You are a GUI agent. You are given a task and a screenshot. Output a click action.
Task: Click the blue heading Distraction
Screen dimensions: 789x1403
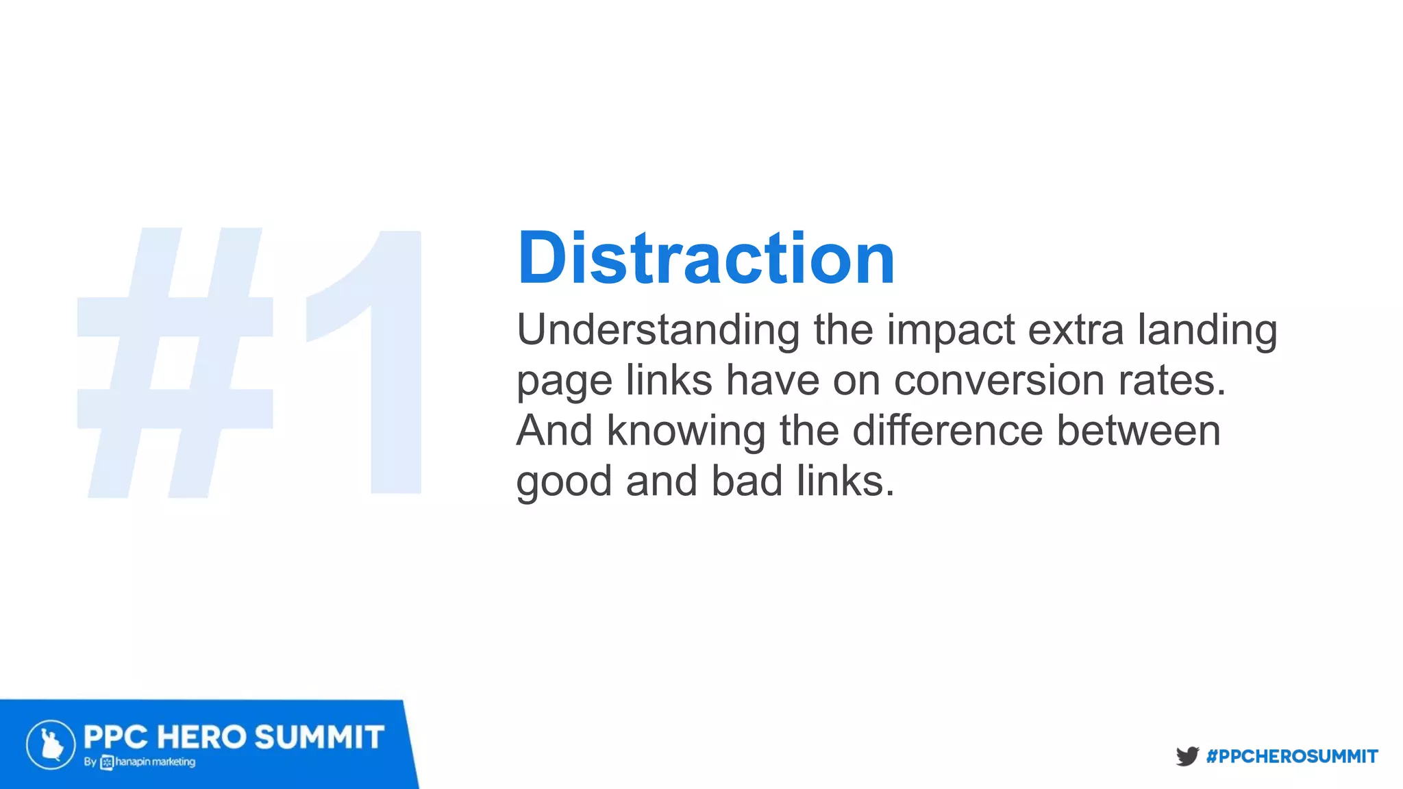[706, 259]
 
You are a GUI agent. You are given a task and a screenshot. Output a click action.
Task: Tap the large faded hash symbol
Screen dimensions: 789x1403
[175, 363]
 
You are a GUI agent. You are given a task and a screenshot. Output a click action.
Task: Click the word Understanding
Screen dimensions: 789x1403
[658, 330]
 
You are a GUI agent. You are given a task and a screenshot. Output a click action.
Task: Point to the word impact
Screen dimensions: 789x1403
[951, 330]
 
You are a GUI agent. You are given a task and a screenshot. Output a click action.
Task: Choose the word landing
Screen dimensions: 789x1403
[1207, 330]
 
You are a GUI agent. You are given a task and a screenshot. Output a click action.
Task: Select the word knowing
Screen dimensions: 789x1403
[685, 431]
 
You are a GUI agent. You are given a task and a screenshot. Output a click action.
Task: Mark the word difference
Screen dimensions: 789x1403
[948, 431]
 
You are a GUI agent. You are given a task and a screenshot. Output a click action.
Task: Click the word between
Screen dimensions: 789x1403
[1139, 431]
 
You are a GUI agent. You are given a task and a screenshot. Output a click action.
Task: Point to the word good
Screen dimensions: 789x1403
[563, 481]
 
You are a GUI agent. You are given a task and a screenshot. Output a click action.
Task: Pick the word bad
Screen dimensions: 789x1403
[747, 481]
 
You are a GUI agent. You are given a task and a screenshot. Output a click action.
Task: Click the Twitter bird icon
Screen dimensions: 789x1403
[1187, 756]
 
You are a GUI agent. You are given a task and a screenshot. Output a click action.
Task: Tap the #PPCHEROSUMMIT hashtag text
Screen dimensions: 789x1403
[1292, 757]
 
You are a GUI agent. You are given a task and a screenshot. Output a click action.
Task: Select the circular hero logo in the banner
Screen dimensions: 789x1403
[51, 744]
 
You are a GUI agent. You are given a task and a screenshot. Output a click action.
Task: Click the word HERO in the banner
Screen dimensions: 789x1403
[201, 738]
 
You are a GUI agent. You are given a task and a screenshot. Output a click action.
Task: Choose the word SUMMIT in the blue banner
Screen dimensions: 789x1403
[319, 738]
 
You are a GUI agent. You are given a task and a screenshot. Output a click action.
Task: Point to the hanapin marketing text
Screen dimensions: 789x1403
[155, 762]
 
